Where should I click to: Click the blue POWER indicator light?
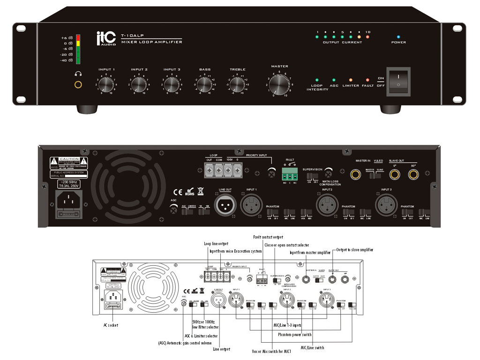(x=398, y=36)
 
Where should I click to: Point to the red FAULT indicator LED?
(x=367, y=80)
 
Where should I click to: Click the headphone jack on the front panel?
(x=78, y=85)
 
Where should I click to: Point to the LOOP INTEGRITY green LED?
(x=317, y=80)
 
